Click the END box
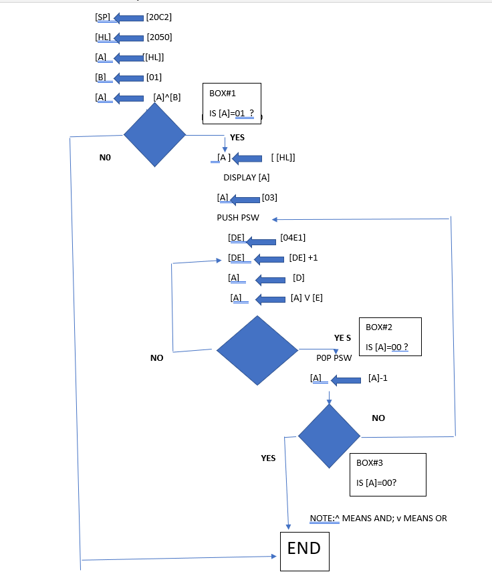point(304,549)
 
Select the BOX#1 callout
point(231,103)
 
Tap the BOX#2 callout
point(390,337)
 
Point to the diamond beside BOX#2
point(257,349)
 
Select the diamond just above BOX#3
point(329,436)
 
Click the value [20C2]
point(159,17)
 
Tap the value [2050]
point(159,37)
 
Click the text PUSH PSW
point(237,218)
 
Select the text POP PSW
point(334,358)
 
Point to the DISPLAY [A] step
point(246,178)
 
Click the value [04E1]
point(293,237)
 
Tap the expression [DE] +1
point(303,258)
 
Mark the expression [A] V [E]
point(307,298)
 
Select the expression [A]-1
point(378,378)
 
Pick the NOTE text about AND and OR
point(378,519)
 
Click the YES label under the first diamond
point(237,138)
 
